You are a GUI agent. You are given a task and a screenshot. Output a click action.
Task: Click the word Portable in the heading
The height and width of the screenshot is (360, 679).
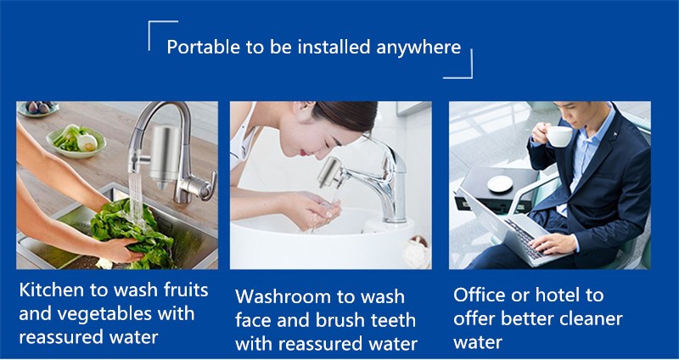pyautogui.click(x=198, y=47)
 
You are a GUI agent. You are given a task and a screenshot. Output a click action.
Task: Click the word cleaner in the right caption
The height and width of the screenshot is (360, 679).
pyautogui.click(x=586, y=318)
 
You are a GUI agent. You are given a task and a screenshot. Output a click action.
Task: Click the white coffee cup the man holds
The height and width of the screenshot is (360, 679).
pyautogui.click(x=558, y=136)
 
